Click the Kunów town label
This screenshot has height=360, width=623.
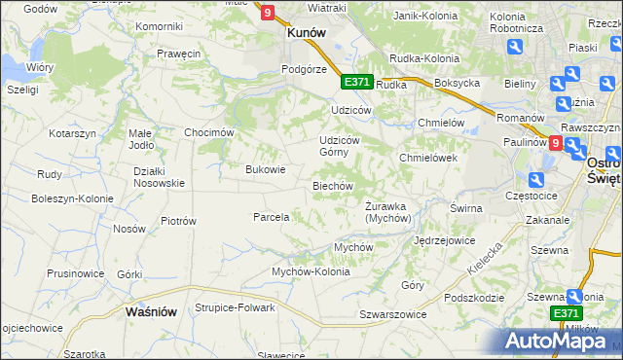[x=305, y=31]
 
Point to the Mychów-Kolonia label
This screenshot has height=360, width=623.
[x=311, y=271]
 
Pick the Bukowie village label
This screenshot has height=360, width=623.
[x=265, y=169]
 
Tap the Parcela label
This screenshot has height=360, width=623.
[x=272, y=217]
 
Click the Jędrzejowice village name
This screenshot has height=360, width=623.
[x=444, y=239]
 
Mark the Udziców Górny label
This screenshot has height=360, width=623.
[x=340, y=146]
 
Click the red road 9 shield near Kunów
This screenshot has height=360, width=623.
[x=267, y=12]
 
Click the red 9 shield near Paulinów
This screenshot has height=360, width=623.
[x=555, y=142]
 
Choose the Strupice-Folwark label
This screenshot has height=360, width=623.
[x=235, y=307]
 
